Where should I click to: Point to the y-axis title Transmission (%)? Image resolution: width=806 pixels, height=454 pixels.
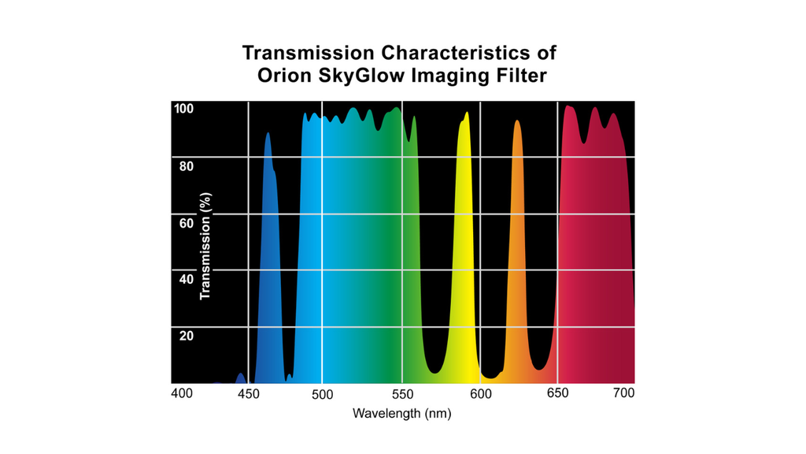(206, 246)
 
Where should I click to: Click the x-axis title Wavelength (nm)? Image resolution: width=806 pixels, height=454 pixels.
(401, 413)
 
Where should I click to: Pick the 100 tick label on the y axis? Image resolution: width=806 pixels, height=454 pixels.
(183, 109)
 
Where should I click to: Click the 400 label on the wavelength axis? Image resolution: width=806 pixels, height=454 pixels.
(182, 393)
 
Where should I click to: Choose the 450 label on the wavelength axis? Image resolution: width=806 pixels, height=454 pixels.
(248, 393)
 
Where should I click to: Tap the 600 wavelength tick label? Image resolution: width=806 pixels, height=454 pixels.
(481, 393)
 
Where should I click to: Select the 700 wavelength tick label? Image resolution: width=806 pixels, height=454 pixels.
(623, 393)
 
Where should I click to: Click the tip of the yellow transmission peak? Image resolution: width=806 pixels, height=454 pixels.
(467, 113)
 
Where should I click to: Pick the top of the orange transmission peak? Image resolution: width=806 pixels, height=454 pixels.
(517, 121)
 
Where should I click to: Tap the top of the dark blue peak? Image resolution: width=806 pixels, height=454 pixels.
(268, 134)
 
